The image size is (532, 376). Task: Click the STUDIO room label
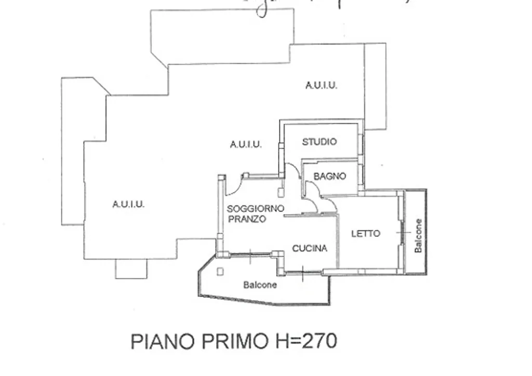(x=320, y=142)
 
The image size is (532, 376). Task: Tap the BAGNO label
(x=330, y=177)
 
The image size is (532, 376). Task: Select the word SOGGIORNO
(x=256, y=209)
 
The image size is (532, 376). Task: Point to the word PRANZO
(x=247, y=219)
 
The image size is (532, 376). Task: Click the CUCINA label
(x=310, y=249)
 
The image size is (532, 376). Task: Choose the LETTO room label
(x=366, y=234)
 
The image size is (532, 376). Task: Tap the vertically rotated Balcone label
(x=418, y=236)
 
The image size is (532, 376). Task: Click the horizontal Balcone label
(x=260, y=285)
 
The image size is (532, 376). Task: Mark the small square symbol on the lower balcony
(x=221, y=271)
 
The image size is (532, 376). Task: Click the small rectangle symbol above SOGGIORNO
(x=281, y=192)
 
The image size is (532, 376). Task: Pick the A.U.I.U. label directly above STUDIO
(x=321, y=86)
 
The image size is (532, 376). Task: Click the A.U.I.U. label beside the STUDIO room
(x=246, y=144)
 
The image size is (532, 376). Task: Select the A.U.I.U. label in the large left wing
(x=128, y=205)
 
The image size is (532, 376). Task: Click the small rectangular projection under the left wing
(x=131, y=268)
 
